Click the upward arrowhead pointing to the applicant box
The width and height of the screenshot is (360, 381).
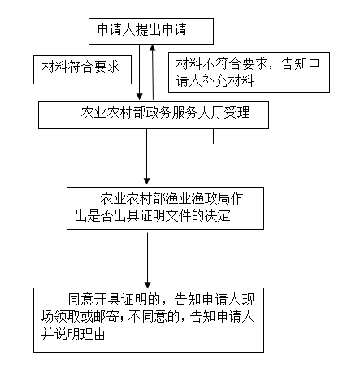[153, 48]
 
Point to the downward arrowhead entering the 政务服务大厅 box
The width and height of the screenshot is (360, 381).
[140, 97]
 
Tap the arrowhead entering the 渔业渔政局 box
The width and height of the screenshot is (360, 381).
[147, 181]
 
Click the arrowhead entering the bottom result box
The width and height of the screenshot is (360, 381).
[147, 284]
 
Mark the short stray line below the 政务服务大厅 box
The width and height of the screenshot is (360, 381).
[213, 136]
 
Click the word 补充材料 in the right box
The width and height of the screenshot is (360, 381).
[228, 80]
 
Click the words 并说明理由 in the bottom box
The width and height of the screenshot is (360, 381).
[73, 334]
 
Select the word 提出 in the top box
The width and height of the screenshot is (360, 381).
[149, 29]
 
